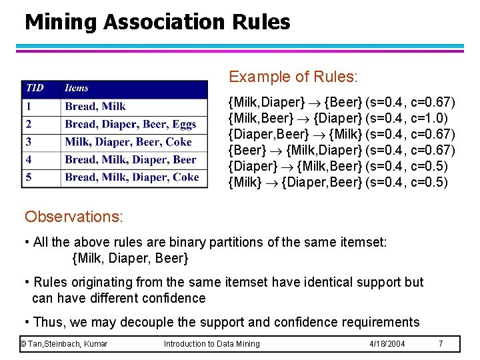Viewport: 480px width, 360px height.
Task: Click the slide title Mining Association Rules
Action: [x=157, y=22]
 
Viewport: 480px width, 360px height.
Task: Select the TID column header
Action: [x=35, y=88]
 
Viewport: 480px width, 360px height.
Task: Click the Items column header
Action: [x=77, y=88]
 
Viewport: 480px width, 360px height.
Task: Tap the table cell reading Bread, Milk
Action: [x=95, y=106]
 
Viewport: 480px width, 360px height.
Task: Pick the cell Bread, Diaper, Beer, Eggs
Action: [x=131, y=124]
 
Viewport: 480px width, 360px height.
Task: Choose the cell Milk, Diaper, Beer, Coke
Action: [x=128, y=141]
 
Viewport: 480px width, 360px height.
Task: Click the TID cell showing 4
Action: [x=29, y=159]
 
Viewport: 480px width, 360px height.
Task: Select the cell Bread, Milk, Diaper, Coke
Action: [x=132, y=177]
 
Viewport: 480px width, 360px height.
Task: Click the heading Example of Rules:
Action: [x=293, y=77]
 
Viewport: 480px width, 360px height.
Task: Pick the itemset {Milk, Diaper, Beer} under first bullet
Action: [x=130, y=257]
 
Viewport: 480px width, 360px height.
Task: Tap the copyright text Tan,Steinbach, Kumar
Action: [x=64, y=343]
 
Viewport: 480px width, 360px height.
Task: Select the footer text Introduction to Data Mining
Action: [x=211, y=343]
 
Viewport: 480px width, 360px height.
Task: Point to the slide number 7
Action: [x=441, y=343]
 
